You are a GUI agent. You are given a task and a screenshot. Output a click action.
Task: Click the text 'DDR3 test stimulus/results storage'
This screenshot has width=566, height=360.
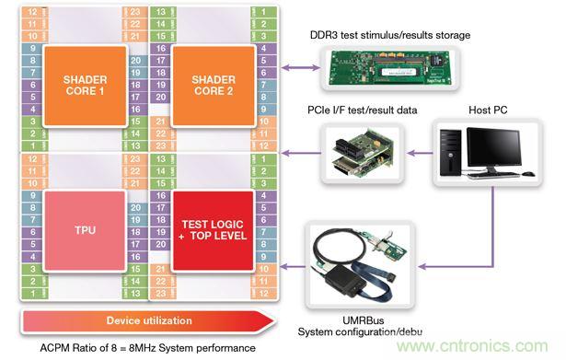392,35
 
